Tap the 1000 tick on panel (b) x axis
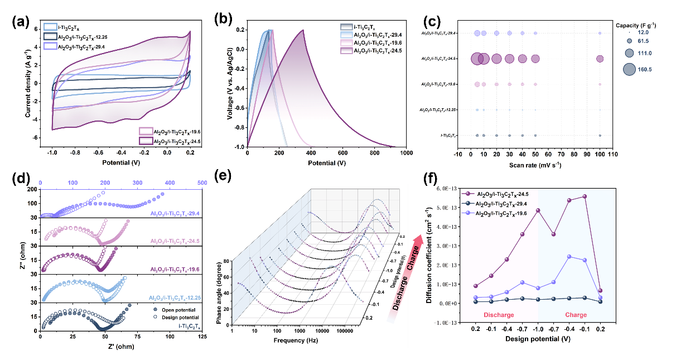point(406,153)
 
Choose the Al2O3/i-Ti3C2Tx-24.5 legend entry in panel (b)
point(380,51)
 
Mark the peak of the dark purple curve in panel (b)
point(303,30)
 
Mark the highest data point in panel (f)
point(585,196)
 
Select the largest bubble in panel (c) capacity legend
point(629,69)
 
